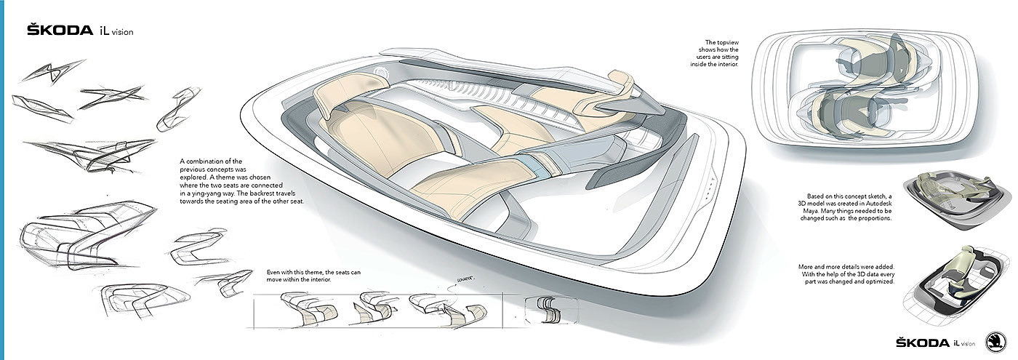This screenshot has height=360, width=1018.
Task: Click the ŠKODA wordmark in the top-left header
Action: tap(60, 31)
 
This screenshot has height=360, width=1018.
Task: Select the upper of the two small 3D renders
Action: tap(947, 198)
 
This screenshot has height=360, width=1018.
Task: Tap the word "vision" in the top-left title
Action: tap(122, 32)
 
